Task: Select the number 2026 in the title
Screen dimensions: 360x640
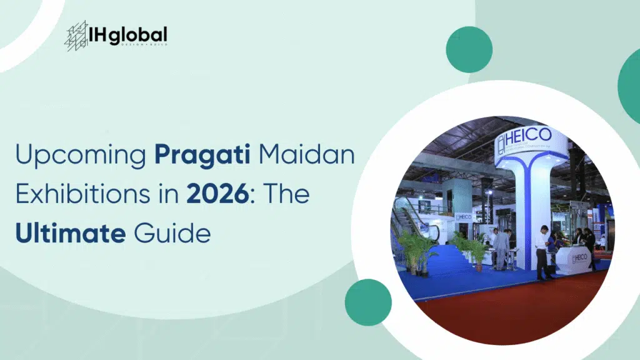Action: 212,194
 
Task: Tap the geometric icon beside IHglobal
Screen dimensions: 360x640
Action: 77,36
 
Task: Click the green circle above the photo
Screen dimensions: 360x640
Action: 469,49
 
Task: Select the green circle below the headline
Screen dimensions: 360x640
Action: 368,302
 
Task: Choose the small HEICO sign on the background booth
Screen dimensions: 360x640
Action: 463,216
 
